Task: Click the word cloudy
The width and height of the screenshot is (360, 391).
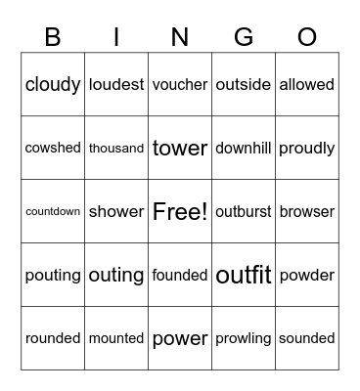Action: coord(53,85)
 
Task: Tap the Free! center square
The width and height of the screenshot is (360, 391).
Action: coord(180,211)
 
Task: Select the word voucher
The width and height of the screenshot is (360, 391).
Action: coord(180,85)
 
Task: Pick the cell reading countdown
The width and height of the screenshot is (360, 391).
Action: coord(53,211)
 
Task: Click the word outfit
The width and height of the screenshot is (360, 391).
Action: coord(244,276)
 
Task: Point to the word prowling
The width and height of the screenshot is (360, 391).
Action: coord(244,338)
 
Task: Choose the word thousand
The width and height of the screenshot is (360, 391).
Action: coord(116,149)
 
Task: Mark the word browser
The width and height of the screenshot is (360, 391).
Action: coord(307,211)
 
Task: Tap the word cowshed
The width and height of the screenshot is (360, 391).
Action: coord(53,149)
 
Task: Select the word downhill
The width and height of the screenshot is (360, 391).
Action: coord(244,149)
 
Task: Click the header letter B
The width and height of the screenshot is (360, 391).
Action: coord(53,37)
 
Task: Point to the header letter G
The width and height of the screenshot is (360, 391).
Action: coord(244,37)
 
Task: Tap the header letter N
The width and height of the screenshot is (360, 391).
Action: coord(180,37)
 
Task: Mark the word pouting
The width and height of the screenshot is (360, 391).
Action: coord(53,276)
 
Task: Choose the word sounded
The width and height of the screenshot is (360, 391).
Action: coord(307,338)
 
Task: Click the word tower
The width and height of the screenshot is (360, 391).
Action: coord(180,149)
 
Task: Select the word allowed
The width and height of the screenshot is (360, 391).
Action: coord(307,85)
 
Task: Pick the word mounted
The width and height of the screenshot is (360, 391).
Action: coord(116,338)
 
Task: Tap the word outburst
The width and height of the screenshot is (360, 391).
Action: coord(244,211)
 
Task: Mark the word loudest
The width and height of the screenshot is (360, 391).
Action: coord(116,85)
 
